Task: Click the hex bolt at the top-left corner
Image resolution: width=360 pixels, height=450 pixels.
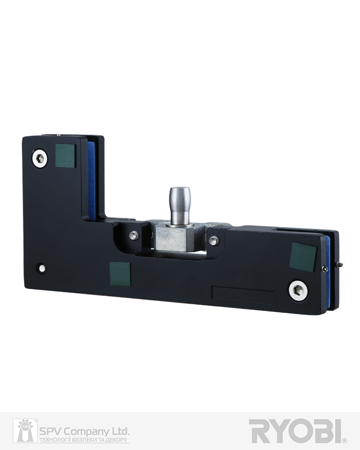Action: [x=40, y=158]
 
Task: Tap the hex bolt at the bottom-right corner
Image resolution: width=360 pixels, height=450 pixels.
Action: [x=298, y=291]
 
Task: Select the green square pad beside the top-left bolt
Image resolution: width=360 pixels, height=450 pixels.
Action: [x=65, y=155]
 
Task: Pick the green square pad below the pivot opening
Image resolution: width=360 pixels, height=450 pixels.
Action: [x=120, y=274]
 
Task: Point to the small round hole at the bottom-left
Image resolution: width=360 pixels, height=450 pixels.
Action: [x=42, y=268]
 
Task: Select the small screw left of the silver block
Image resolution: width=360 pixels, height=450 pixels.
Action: [x=133, y=236]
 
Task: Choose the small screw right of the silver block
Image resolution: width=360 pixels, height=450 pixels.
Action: [x=213, y=240]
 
